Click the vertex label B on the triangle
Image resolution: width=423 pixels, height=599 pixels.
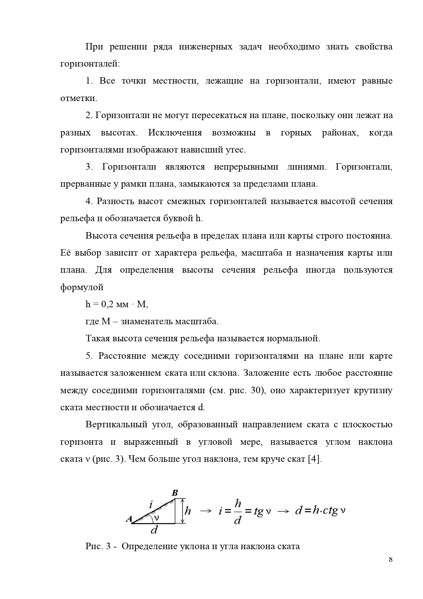pos(175,493)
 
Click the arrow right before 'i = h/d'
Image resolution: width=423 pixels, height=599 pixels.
pos(205,511)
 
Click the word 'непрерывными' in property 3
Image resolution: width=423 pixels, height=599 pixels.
pos(244,167)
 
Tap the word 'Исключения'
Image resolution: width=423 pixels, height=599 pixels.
pos(175,132)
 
